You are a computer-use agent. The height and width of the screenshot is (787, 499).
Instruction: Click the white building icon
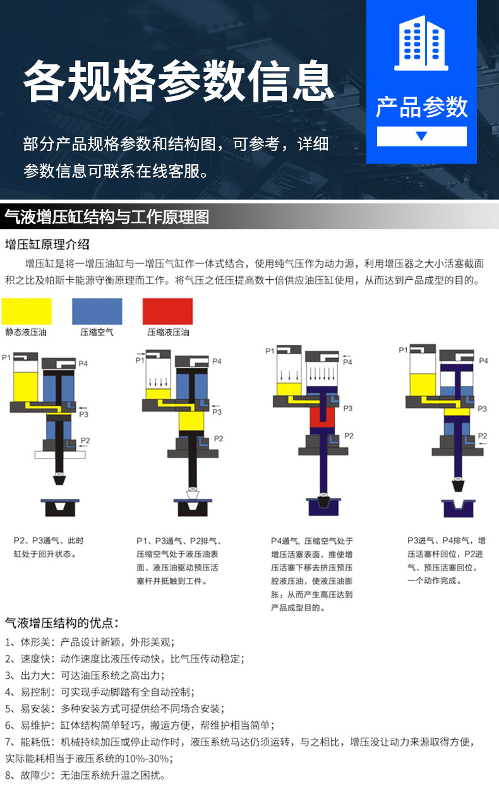(421, 43)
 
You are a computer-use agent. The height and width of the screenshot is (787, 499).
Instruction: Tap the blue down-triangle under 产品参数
(421, 136)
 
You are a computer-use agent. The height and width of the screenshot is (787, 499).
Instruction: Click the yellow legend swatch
(27, 311)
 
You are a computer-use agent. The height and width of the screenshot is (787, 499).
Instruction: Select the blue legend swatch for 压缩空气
(97, 311)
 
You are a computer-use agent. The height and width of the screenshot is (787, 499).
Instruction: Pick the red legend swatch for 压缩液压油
(167, 311)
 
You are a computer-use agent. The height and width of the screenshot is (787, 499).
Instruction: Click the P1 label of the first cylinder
(6, 357)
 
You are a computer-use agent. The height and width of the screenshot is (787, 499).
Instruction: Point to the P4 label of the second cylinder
(217, 361)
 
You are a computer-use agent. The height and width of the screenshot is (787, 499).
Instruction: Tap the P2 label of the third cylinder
(349, 436)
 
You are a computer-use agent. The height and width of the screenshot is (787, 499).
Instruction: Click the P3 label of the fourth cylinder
(482, 409)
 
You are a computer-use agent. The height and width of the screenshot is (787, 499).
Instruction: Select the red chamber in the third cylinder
(322, 418)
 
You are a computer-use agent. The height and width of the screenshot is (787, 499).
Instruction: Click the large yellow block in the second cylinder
(191, 421)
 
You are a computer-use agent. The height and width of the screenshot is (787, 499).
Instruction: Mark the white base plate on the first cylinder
(60, 455)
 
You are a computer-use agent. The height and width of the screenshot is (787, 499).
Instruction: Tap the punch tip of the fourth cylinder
(457, 485)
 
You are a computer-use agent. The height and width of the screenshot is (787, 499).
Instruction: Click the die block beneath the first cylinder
(60, 508)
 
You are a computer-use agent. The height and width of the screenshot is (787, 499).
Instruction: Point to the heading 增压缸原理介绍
(47, 244)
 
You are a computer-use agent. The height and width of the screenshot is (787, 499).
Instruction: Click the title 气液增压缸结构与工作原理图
(107, 217)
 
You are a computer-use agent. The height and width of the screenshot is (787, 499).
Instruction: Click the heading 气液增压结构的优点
(62, 623)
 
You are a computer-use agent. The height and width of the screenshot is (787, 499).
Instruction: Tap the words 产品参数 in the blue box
(422, 107)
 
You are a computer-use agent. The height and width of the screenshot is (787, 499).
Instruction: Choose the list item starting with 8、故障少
(85, 775)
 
